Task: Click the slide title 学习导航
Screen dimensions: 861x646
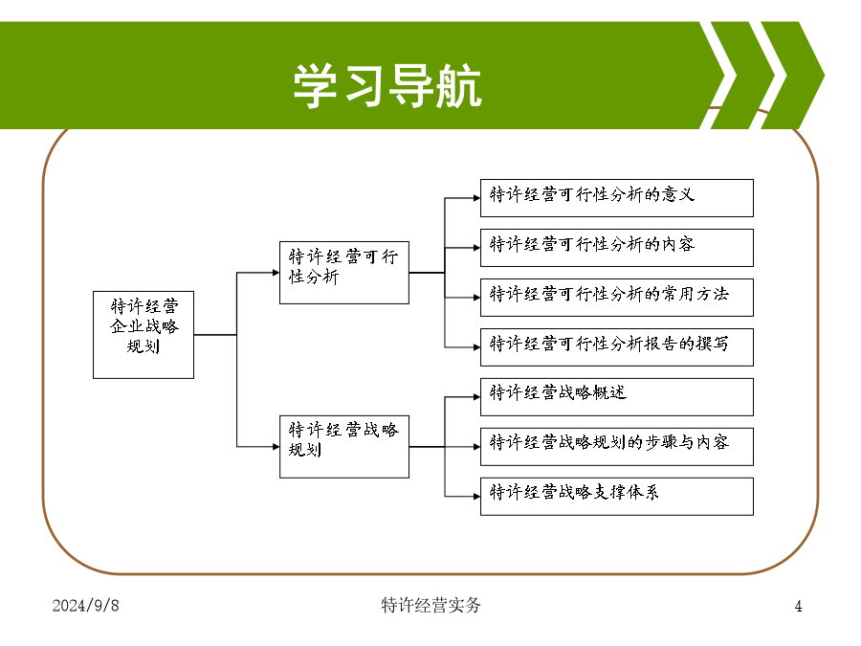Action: (387, 84)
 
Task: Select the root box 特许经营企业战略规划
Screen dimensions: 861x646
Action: (143, 335)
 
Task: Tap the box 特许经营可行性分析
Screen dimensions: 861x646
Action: (344, 273)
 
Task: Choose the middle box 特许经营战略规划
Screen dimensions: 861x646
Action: (344, 447)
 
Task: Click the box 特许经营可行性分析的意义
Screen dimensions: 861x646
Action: (617, 198)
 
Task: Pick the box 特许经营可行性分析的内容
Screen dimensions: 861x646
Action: (617, 248)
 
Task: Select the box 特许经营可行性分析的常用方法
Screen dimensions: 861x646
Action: (617, 298)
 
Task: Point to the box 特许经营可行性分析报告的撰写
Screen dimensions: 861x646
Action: (617, 347)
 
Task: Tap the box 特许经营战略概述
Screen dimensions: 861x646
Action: (617, 396)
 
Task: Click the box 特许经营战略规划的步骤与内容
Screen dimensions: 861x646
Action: (617, 447)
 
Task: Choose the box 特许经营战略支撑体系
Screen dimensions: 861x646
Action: (617, 497)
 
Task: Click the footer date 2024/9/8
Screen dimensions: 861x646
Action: (86, 606)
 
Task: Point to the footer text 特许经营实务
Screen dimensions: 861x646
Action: (431, 605)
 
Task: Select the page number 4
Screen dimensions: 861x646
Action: (799, 606)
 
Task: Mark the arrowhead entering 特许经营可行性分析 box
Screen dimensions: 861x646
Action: (276, 273)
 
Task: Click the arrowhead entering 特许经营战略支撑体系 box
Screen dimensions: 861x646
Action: (477, 497)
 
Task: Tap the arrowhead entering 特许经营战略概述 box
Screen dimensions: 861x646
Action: (477, 396)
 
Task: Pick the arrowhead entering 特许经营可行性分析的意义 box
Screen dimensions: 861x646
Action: (477, 198)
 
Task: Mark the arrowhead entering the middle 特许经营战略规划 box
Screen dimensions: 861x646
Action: (276, 447)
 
